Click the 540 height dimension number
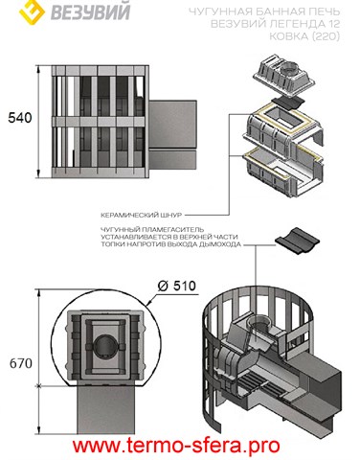[x=20, y=118]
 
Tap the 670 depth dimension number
[x=21, y=363]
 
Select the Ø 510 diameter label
[x=177, y=286]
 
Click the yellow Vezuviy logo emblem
[x=32, y=12]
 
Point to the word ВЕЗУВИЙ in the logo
[x=90, y=12]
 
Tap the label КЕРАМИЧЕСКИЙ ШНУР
[x=142, y=215]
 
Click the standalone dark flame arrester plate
[x=298, y=241]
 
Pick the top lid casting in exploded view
[x=284, y=76]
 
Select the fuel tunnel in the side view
[x=172, y=135]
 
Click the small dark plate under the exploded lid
[x=286, y=103]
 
